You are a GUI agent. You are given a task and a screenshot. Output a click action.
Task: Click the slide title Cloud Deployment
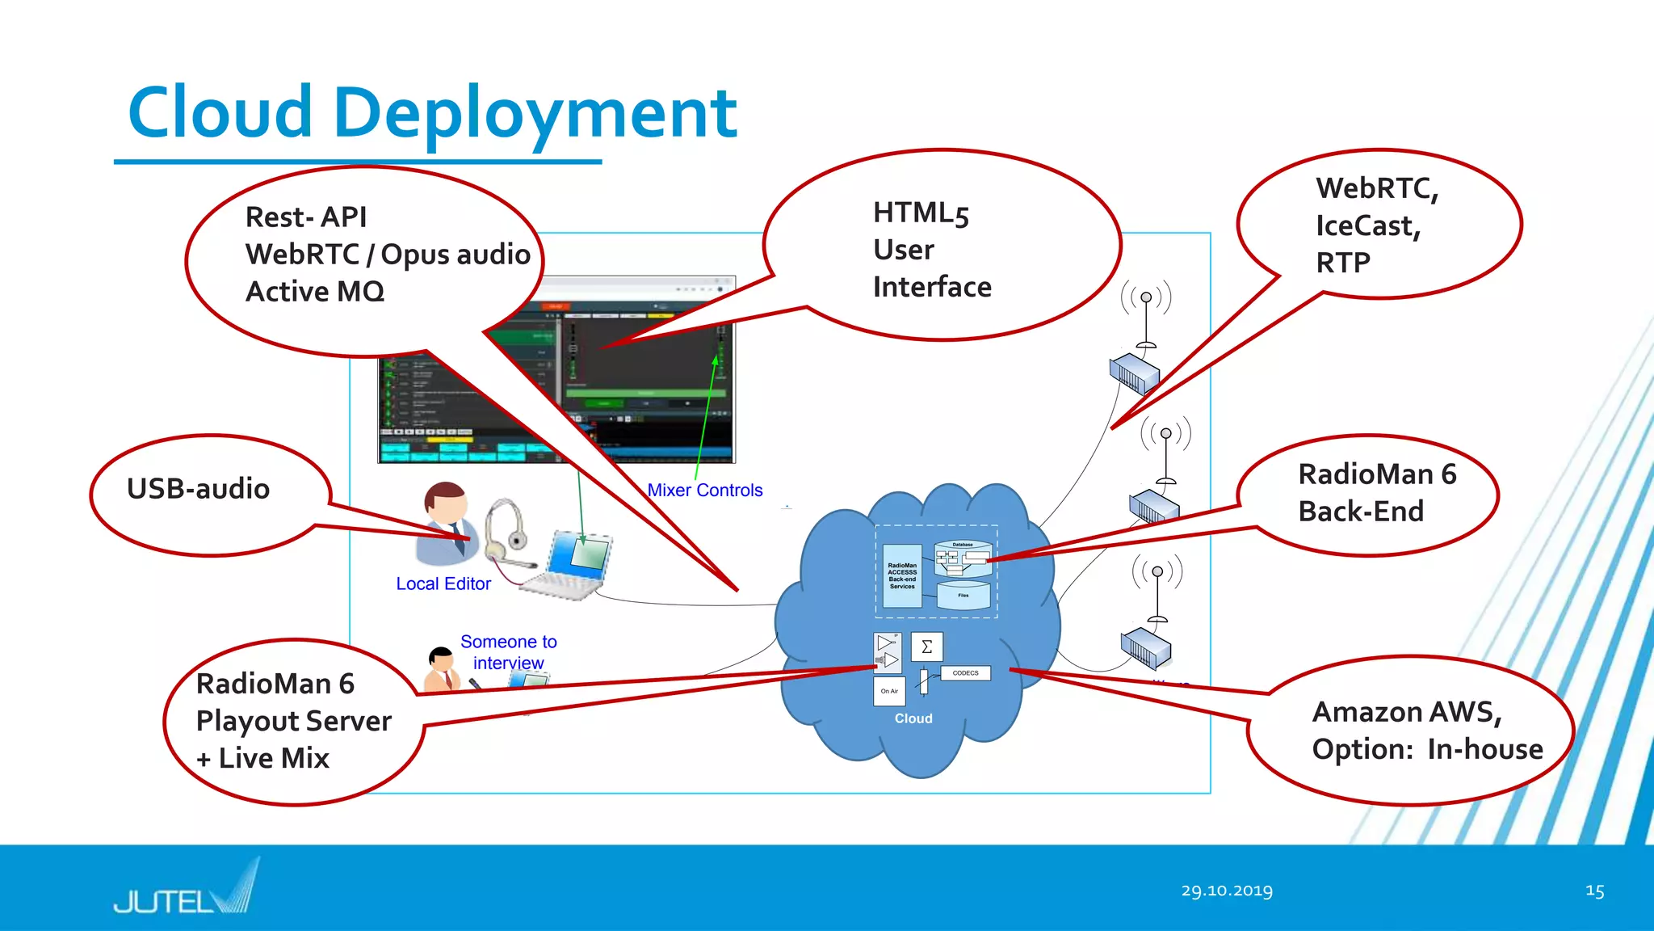(432, 113)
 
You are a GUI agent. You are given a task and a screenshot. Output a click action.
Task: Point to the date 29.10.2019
(1226, 891)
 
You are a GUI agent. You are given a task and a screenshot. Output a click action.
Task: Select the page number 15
(1594, 891)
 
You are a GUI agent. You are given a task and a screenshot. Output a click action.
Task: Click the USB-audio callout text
(198, 489)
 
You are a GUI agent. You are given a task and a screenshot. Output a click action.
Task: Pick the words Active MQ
(315, 292)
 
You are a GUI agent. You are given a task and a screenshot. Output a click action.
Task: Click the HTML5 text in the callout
(921, 213)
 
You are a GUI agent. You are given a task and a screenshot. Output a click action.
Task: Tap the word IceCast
(1367, 225)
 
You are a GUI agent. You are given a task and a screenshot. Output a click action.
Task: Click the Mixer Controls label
(704, 491)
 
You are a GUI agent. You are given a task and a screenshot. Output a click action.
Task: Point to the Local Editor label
(443, 583)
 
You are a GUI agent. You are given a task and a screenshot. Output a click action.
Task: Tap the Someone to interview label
(508, 652)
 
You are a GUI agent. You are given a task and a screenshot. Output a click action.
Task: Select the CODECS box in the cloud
(965, 673)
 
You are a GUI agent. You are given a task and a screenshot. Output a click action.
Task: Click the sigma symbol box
(926, 647)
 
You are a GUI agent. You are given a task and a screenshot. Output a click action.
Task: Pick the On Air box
(889, 691)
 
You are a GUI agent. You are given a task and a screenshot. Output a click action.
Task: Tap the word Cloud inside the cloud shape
(913, 718)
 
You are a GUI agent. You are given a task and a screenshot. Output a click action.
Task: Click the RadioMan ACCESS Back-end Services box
(902, 575)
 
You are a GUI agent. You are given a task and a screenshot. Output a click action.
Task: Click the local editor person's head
(445, 503)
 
